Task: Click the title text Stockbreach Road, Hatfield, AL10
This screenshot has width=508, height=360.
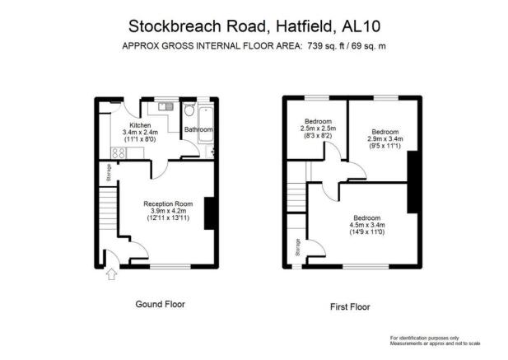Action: pyautogui.click(x=254, y=26)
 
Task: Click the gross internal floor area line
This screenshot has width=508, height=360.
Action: pyautogui.click(x=254, y=46)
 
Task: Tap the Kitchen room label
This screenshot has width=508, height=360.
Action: pyautogui.click(x=140, y=125)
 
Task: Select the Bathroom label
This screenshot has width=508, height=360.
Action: pyautogui.click(x=198, y=129)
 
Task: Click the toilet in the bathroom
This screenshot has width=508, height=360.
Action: pyautogui.click(x=189, y=110)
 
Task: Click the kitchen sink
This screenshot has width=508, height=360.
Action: pyautogui.click(x=165, y=106)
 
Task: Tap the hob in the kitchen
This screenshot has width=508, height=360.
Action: pyautogui.click(x=119, y=152)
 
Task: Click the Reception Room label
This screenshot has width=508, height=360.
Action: pyautogui.click(x=168, y=203)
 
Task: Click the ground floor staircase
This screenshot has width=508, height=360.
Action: pyautogui.click(x=107, y=208)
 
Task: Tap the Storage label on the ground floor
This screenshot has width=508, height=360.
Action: pyautogui.click(x=109, y=172)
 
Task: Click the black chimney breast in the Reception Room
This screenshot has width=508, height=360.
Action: pyautogui.click(x=209, y=213)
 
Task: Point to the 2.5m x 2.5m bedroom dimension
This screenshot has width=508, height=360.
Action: pyautogui.click(x=318, y=129)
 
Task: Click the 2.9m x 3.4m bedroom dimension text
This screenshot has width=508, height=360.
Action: pyautogui.click(x=385, y=139)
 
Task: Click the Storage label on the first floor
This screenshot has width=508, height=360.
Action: pyautogui.click(x=298, y=248)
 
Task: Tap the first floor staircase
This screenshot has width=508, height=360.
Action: pyautogui.click(x=296, y=197)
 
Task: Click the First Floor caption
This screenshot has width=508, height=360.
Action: pyautogui.click(x=350, y=306)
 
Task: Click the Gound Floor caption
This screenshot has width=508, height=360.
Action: pyautogui.click(x=160, y=304)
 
